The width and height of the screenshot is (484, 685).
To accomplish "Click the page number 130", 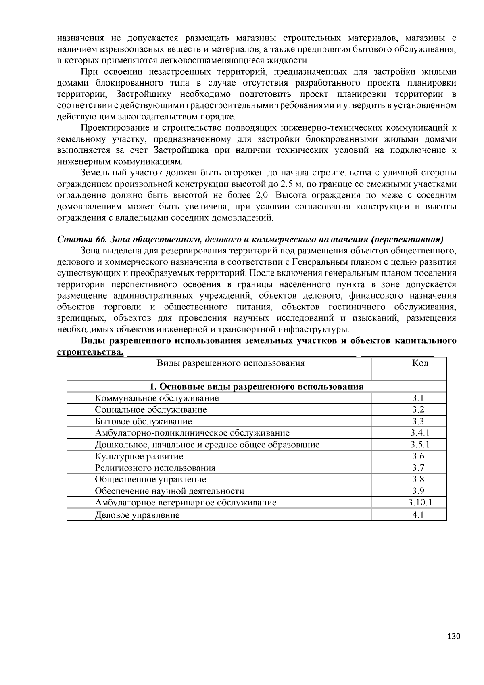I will coord(453,637).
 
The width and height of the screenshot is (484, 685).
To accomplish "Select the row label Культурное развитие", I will coord(139,456).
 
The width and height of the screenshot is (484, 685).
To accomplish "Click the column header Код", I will coord(420,363).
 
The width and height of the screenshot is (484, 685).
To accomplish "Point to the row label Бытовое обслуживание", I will coord(143,421).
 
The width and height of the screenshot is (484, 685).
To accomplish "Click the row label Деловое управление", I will coord(137,515).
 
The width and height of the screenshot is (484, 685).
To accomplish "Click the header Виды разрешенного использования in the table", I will coord(230,363).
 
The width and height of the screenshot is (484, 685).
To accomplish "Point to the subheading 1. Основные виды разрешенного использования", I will coord(257,386).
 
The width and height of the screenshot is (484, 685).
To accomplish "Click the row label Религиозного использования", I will coord(155,468).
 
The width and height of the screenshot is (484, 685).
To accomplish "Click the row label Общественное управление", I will coord(150,479).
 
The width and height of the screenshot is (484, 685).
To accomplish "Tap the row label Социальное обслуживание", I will coord(150,409).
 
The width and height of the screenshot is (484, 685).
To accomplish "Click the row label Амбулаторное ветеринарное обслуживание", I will coord(186,503).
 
